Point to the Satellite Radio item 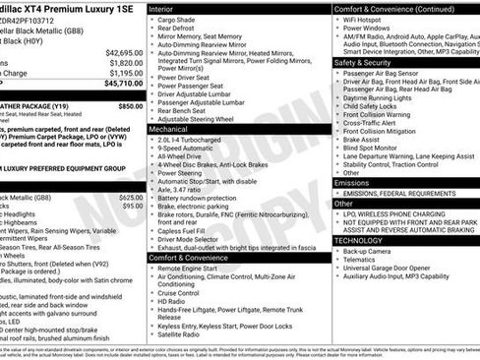184,333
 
